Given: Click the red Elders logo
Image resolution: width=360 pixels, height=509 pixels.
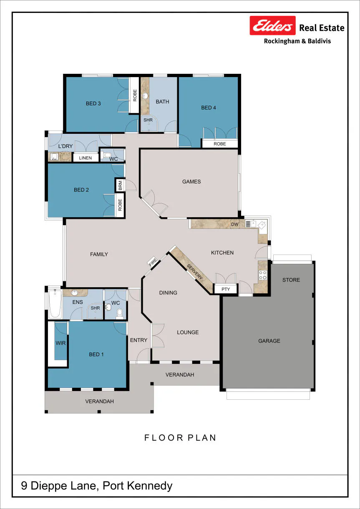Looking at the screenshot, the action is (x=272, y=25).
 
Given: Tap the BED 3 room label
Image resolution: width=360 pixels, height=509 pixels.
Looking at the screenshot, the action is (x=93, y=103).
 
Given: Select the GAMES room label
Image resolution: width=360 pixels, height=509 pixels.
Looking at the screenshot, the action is (x=191, y=182).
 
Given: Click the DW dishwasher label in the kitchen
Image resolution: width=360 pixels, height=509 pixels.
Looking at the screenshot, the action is (x=235, y=224).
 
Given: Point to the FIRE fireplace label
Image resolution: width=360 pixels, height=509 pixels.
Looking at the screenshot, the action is (x=153, y=261).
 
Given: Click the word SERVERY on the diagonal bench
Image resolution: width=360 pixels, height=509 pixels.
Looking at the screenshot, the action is (x=195, y=271).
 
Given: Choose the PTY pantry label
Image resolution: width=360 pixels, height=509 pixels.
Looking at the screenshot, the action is (x=226, y=289).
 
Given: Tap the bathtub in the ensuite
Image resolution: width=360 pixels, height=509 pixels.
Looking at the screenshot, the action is (x=55, y=304).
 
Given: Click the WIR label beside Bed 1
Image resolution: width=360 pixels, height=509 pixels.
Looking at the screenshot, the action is (x=60, y=343).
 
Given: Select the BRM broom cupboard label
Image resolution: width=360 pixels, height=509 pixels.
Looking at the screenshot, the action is (x=120, y=186).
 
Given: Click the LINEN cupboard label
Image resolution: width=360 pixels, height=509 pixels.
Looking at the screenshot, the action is (x=85, y=158).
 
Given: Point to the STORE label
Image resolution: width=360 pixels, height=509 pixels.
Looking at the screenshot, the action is (x=291, y=280).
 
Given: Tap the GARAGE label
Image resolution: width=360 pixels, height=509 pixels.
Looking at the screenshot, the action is (x=269, y=341).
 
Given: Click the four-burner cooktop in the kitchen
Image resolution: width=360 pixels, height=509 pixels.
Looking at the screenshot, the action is (x=263, y=275).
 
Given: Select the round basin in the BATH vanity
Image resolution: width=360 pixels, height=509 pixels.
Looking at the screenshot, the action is (x=145, y=95).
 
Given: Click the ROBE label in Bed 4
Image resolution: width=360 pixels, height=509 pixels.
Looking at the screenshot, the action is (x=220, y=144).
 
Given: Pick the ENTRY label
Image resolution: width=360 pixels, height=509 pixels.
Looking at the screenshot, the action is (x=139, y=340).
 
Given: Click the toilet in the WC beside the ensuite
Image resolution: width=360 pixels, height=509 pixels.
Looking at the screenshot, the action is (x=119, y=314).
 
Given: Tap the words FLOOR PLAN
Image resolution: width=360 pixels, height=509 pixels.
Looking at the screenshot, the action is (x=180, y=438).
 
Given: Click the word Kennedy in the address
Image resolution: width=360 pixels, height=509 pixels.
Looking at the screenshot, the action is (x=149, y=486).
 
